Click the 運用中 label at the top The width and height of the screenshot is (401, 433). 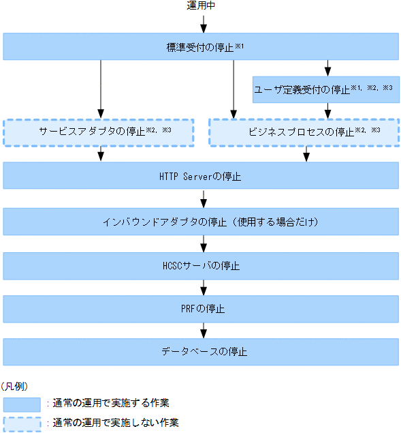pos(202,6)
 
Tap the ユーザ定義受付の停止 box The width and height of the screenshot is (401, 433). pos(325,89)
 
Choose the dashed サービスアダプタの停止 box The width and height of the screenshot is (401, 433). pos(98,132)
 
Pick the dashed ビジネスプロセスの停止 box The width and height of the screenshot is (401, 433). pos(304,132)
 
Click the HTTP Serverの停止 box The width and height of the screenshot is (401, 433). pos(201,176)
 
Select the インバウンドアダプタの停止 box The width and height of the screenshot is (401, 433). pos(201,222)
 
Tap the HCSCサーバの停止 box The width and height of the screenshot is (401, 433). pos(201,265)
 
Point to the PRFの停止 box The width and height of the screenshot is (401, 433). pos(201,309)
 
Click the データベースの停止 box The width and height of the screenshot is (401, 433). pos(201,353)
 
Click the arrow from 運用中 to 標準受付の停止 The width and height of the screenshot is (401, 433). pos(202,24)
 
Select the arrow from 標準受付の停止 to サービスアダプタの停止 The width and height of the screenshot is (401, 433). pos(101,89)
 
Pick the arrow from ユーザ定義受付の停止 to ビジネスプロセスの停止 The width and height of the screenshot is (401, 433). pos(329,110)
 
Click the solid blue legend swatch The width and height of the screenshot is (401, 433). pos(22,404)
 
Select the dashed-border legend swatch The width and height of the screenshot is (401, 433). pos(22,423)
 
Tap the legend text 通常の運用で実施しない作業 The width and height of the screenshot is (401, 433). pos(116,423)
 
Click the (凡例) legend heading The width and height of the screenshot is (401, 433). pos(14,386)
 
